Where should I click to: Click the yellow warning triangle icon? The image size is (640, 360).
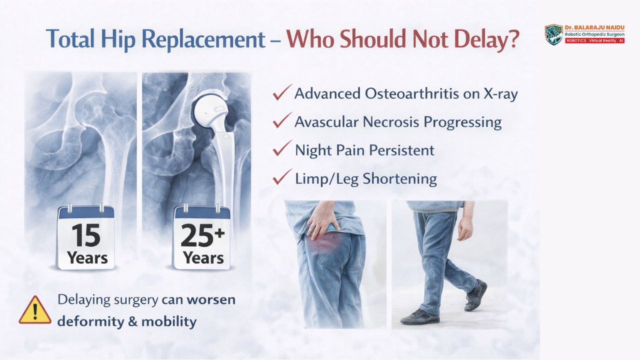pos(35,310)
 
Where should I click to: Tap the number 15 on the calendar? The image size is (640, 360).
pos(85,235)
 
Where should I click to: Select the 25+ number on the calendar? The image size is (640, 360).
pos(202,235)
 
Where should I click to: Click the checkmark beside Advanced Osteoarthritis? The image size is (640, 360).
pos(282,92)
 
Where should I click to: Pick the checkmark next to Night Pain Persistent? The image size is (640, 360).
pos(282,148)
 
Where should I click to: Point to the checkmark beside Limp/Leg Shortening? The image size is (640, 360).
pos(282,176)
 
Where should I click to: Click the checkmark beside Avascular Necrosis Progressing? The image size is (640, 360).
pos(282,120)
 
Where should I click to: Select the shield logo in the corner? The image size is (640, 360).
pos(553,35)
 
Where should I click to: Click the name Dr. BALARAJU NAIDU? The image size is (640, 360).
pos(594,27)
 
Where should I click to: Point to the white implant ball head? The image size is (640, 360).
pos(208,109)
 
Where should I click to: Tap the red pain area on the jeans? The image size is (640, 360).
pos(324,245)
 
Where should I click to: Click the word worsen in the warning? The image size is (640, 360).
pos(211,299)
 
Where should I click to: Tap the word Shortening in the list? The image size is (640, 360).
pos(399,179)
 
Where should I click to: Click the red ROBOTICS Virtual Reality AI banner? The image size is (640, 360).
pos(594,40)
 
